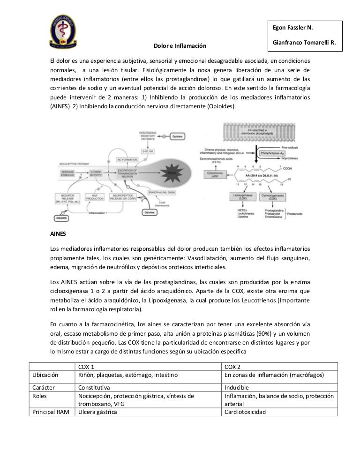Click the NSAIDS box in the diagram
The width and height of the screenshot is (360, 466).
[x=63, y=218]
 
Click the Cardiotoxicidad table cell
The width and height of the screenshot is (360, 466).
[x=245, y=412]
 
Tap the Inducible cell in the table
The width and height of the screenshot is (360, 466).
[x=238, y=388]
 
